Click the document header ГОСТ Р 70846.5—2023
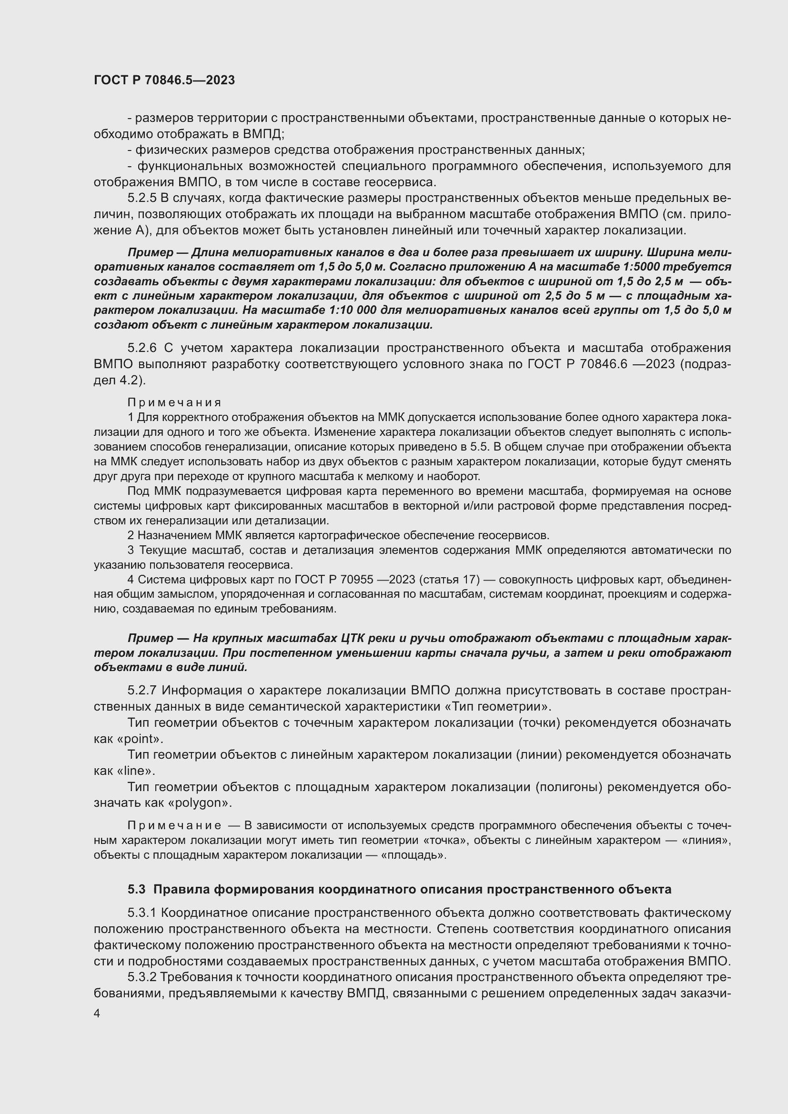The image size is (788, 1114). click(164, 80)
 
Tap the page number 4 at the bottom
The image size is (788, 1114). click(97, 1014)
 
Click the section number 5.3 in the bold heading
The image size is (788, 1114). click(136, 889)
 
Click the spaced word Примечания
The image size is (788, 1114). click(174, 402)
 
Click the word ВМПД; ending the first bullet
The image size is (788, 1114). click(260, 134)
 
